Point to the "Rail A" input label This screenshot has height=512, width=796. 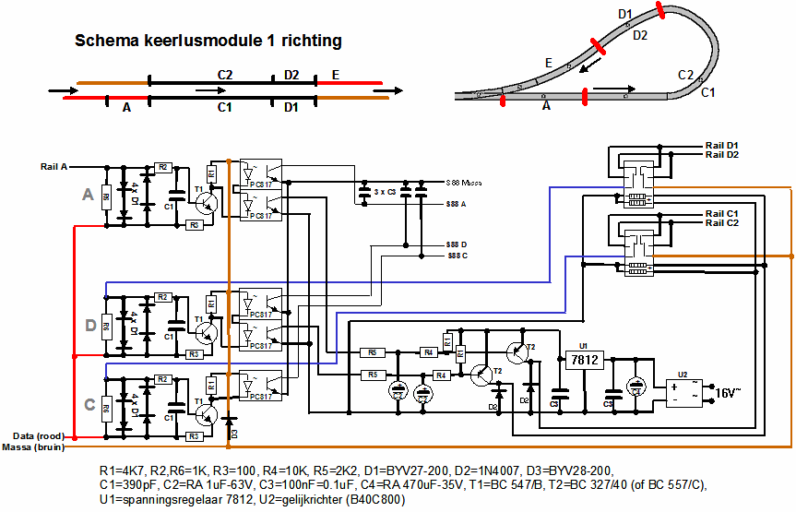(x=53, y=167)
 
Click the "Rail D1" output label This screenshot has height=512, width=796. (x=722, y=146)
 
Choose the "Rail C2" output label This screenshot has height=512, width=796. (x=722, y=223)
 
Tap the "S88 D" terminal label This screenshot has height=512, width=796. (x=457, y=244)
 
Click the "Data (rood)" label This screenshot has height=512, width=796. (x=38, y=435)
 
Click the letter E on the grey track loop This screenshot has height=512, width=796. (x=548, y=63)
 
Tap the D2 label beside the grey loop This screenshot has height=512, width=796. (x=640, y=35)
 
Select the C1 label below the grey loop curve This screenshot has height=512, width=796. (x=707, y=92)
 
